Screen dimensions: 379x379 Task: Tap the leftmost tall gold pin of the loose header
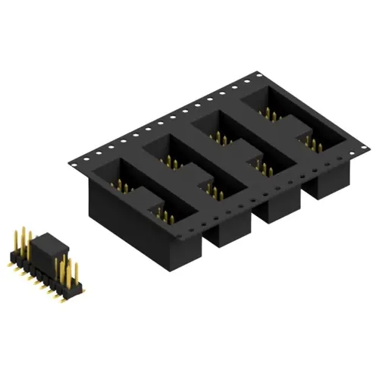15,236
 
